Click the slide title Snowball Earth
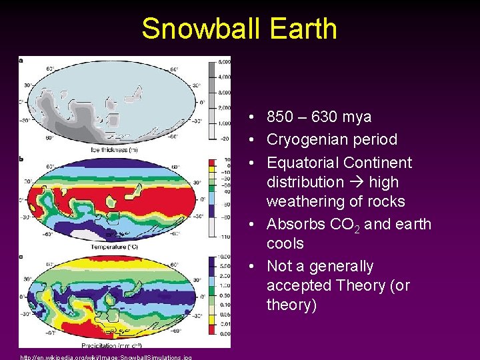coord(239,29)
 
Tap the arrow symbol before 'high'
coord(351,182)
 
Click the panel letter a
coord(21,61)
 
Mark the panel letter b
coord(21,159)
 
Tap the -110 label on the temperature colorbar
coord(225,237)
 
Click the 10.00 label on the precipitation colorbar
coord(225,258)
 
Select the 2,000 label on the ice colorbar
coord(223,108)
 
